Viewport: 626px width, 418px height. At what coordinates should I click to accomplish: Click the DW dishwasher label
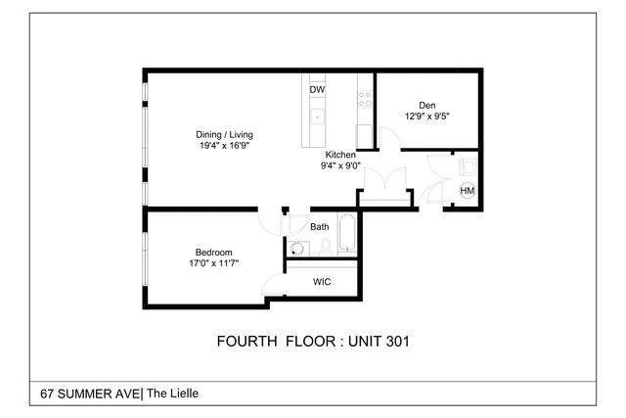(x=317, y=90)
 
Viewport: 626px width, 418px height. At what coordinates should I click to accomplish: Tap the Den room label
(x=426, y=106)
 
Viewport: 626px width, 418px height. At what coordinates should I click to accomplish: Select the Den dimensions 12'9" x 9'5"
(x=426, y=116)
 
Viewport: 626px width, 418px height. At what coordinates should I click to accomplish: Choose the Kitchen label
(x=341, y=155)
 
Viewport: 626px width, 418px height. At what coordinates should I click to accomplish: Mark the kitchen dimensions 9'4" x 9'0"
(x=341, y=165)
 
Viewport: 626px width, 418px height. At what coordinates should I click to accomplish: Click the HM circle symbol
(x=468, y=190)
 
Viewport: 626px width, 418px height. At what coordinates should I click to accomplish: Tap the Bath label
(x=320, y=227)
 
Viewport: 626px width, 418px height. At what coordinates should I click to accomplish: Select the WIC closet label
(x=322, y=282)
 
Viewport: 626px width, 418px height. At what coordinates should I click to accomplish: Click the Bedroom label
(x=213, y=253)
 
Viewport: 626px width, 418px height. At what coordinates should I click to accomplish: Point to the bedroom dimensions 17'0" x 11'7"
(x=213, y=263)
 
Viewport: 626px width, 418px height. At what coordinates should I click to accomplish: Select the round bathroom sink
(x=297, y=248)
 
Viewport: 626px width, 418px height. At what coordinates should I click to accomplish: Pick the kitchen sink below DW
(x=317, y=117)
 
